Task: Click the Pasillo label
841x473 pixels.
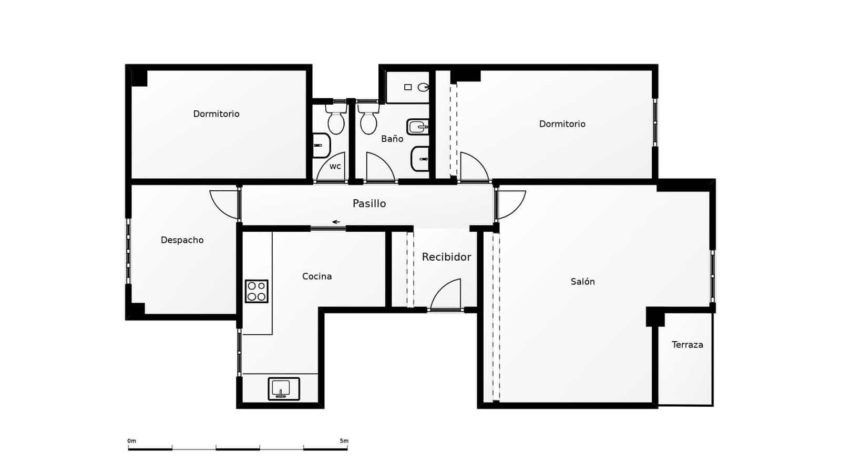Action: pyautogui.click(x=369, y=203)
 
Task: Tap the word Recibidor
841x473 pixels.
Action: pyautogui.click(x=446, y=257)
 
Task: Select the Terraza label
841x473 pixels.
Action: pyautogui.click(x=687, y=345)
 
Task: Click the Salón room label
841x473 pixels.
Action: pyautogui.click(x=582, y=282)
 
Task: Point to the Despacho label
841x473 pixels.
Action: pyautogui.click(x=182, y=240)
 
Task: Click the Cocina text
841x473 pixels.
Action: pyautogui.click(x=316, y=276)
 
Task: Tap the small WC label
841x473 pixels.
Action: pyautogui.click(x=335, y=167)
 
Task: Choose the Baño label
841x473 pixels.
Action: pyautogui.click(x=392, y=139)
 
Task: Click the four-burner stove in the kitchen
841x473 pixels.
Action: pyautogui.click(x=257, y=291)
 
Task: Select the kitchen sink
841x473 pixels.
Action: pyautogui.click(x=284, y=389)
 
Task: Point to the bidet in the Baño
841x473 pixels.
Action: pyautogui.click(x=418, y=127)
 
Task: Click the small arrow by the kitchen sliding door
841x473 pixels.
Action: pyautogui.click(x=336, y=222)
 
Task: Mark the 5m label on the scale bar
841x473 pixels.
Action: pyautogui.click(x=344, y=441)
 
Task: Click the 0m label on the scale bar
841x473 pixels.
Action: pyautogui.click(x=131, y=441)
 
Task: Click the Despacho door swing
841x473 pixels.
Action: pyautogui.click(x=223, y=204)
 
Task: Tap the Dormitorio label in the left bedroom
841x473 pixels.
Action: pyautogui.click(x=216, y=114)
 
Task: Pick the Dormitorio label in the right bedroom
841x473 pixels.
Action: pyautogui.click(x=562, y=124)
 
